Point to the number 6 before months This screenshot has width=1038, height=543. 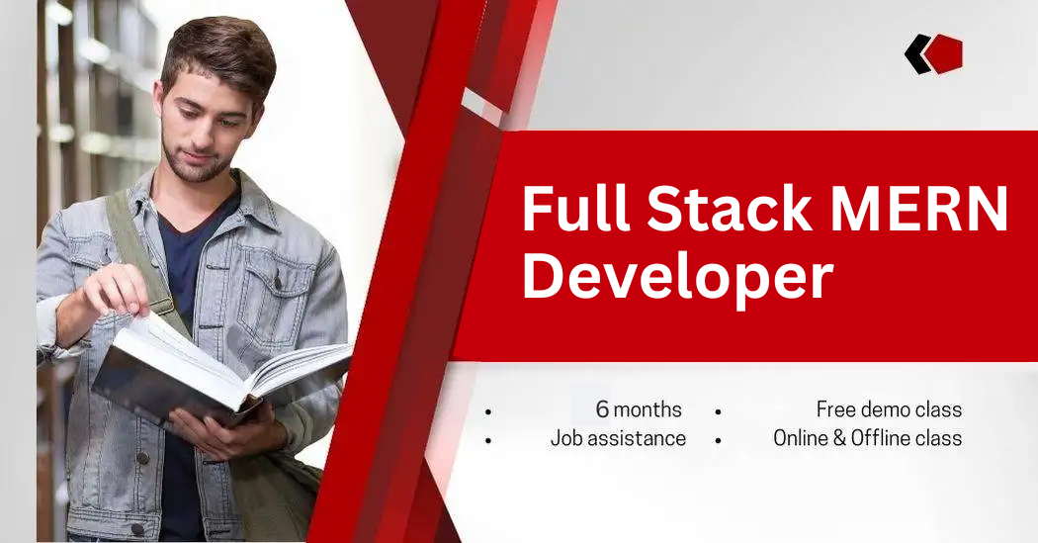point(602,409)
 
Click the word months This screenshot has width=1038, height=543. point(648,409)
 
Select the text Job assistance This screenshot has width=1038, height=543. point(618,438)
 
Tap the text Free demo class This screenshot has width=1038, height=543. point(889,409)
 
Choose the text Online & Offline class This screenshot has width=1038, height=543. point(867,438)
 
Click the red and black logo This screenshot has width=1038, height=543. point(934,53)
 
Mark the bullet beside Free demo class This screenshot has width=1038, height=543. point(719,410)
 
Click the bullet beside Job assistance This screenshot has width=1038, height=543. point(488,439)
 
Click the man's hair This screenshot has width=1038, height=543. point(219,49)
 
